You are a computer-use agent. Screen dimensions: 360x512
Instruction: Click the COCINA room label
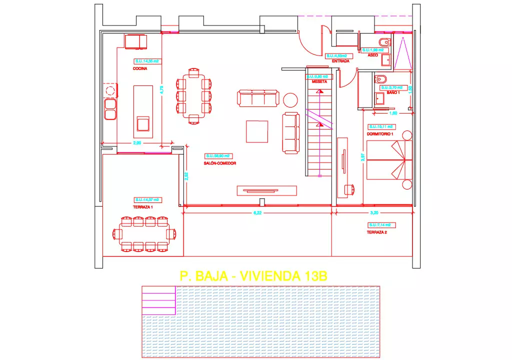(x=140, y=69)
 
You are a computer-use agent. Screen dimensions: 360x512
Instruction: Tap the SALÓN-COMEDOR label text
(x=220, y=163)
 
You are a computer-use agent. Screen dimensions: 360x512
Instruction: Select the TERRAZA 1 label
(x=143, y=206)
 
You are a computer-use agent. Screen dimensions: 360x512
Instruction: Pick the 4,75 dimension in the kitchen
(x=161, y=89)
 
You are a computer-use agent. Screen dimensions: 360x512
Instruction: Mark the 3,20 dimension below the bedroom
(x=373, y=212)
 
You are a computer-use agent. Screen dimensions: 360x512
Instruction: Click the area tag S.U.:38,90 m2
(x=220, y=156)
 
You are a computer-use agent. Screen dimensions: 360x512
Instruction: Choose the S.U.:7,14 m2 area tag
(x=379, y=225)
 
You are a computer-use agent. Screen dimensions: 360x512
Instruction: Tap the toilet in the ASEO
(x=384, y=41)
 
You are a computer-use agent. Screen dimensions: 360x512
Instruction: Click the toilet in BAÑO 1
(x=381, y=79)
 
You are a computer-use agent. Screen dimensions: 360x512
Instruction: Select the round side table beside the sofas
(x=290, y=99)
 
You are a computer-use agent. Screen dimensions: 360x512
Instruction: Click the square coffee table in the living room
(x=256, y=131)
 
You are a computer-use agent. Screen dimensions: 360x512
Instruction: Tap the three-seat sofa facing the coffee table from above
(x=257, y=97)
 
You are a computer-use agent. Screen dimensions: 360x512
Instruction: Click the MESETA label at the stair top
(x=319, y=81)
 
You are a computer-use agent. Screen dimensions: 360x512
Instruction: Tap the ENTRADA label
(x=340, y=61)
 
